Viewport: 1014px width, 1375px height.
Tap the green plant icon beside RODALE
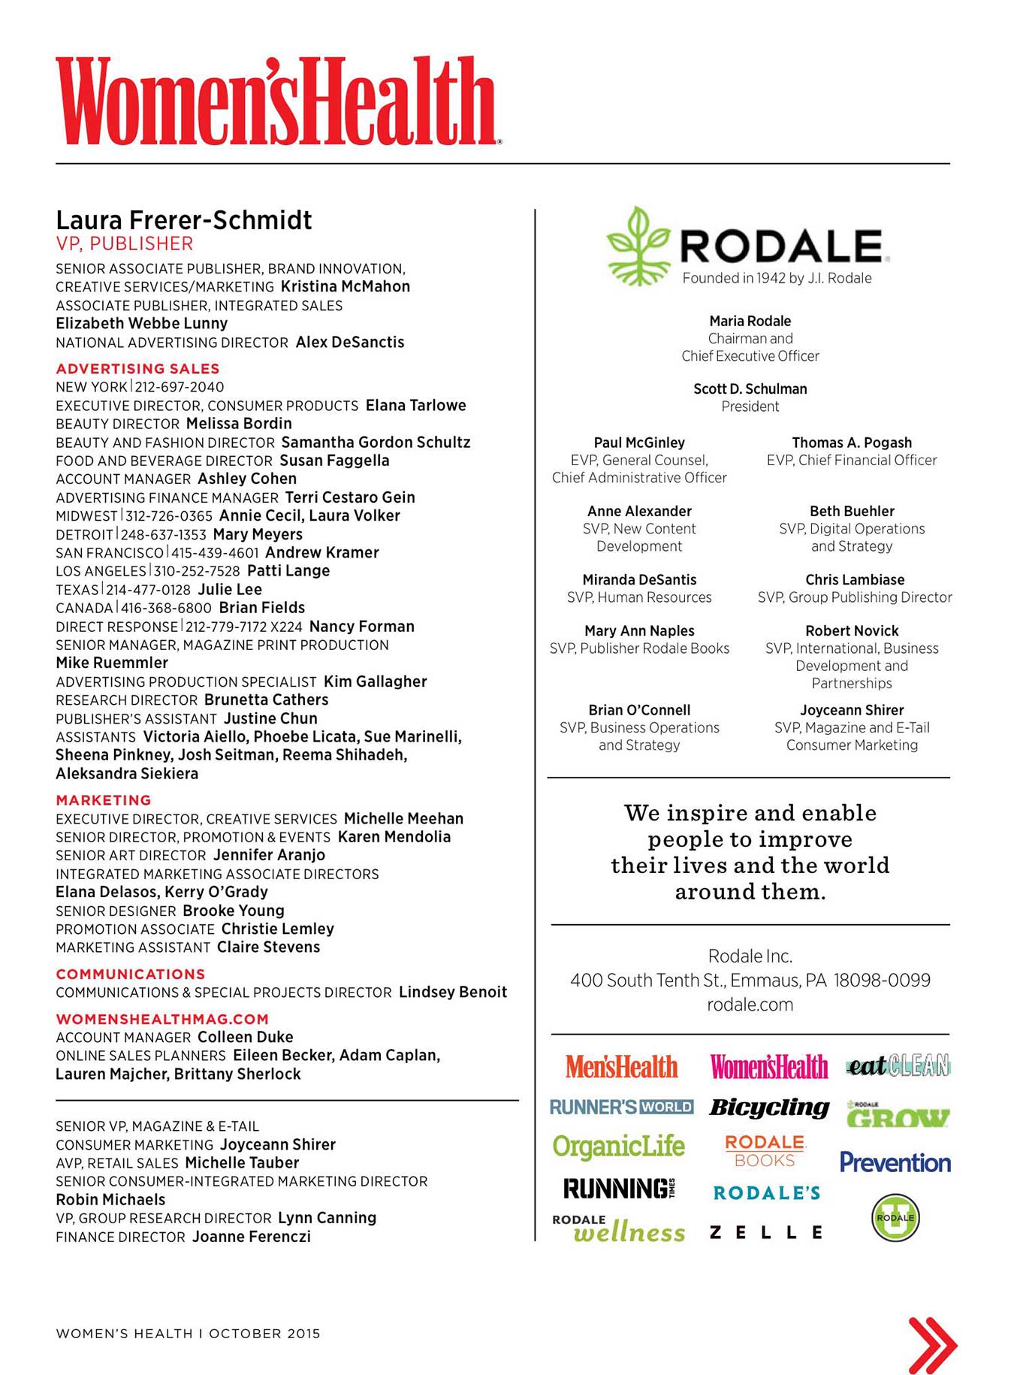tap(637, 246)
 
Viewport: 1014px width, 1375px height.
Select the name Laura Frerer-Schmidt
tap(183, 220)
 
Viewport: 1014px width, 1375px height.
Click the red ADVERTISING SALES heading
tap(137, 369)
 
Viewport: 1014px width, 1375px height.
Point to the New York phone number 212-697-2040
tap(180, 387)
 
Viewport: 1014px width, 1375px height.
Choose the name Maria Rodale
tap(750, 321)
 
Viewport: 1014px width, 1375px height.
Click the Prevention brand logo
tap(895, 1162)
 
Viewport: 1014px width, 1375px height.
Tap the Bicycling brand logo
tap(768, 1108)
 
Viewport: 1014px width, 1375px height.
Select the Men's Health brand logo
tap(621, 1067)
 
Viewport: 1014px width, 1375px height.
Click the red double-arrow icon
tap(932, 1345)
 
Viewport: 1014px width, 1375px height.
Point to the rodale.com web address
tap(750, 1005)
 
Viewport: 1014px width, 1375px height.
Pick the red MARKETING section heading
tap(104, 800)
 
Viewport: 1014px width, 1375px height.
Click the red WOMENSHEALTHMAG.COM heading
tap(162, 1020)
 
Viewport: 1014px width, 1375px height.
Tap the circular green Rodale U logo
tap(895, 1217)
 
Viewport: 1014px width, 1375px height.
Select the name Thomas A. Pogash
tap(852, 443)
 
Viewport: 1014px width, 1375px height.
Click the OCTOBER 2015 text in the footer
tap(264, 1334)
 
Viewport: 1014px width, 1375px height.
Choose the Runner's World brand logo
tap(621, 1107)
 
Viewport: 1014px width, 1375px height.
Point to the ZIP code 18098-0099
tap(882, 981)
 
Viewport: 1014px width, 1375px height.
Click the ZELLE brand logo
tap(766, 1232)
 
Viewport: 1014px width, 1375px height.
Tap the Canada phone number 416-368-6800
tap(166, 608)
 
